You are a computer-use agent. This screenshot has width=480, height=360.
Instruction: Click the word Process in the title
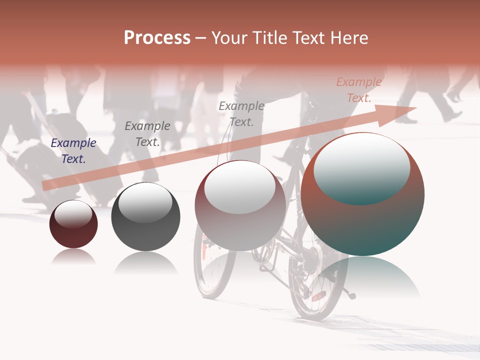pos(157,38)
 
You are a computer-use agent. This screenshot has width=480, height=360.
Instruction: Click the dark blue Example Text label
pos(73,151)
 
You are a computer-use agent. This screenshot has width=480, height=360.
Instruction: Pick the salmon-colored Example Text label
pos(359,90)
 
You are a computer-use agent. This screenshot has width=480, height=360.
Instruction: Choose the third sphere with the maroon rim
pos(240,225)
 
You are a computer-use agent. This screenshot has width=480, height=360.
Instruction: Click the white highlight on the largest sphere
pos(362,167)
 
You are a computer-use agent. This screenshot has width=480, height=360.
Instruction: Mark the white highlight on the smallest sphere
pos(73,213)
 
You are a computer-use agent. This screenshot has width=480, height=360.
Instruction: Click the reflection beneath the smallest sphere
pos(73,257)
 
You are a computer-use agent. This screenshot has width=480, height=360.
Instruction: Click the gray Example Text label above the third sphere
pos(241,114)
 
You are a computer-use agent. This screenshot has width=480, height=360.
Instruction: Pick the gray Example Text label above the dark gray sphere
pos(147,134)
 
